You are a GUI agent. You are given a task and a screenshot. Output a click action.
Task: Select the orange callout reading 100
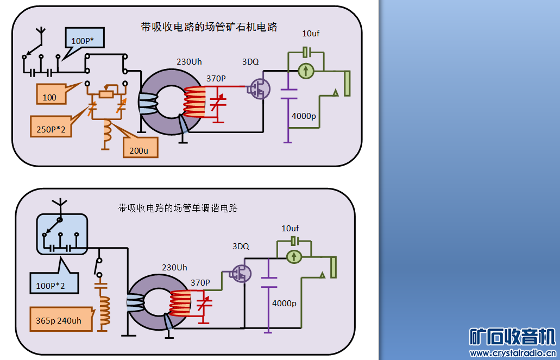(49, 97)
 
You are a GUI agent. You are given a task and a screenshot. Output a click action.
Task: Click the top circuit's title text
(209, 27)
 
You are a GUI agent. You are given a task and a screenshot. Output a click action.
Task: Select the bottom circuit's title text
(178, 208)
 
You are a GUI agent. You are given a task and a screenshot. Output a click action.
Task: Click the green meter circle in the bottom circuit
(294, 256)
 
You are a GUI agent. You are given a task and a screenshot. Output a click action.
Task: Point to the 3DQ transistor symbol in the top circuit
(259, 88)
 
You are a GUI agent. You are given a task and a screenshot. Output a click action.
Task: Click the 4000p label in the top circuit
(304, 116)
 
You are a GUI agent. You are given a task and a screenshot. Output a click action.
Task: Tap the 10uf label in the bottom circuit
(290, 229)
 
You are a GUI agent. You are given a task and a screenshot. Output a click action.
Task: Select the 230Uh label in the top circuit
(189, 61)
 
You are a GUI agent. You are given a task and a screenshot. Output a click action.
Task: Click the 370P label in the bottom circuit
(200, 282)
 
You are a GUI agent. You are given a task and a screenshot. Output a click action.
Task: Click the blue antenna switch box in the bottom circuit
(61, 233)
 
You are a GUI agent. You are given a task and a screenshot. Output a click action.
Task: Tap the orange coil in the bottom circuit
(103, 310)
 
